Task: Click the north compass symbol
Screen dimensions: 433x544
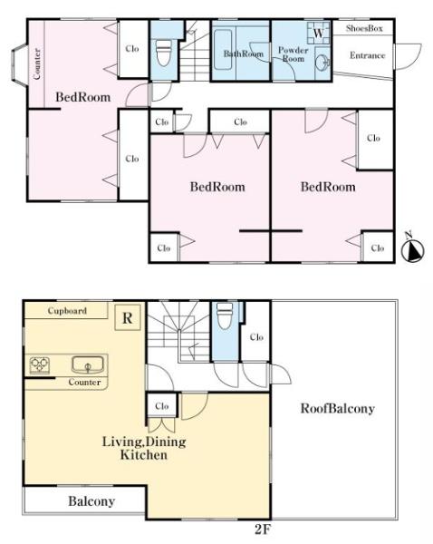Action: click(412, 249)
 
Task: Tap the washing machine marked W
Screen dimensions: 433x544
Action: click(318, 33)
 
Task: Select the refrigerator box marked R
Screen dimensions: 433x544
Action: click(128, 317)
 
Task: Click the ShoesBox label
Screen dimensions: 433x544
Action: click(364, 28)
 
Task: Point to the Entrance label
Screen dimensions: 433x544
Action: click(367, 55)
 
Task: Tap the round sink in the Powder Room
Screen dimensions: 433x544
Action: click(323, 63)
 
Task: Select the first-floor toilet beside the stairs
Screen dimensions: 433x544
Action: click(164, 53)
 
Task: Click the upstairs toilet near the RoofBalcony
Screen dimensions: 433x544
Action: click(225, 316)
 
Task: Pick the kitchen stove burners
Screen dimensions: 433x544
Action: click(39, 365)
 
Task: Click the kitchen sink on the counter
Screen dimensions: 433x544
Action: click(88, 365)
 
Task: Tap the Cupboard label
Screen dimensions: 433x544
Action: click(67, 310)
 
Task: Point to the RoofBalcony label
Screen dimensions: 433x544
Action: click(337, 409)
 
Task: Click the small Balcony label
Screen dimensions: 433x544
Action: click(91, 501)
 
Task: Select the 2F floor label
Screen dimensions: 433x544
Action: click(263, 529)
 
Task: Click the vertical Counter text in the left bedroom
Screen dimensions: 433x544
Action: click(37, 63)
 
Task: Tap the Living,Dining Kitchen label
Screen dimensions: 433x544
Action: click(144, 448)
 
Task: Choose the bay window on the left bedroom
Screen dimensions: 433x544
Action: click(19, 65)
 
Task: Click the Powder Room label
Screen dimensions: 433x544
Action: click(293, 54)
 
